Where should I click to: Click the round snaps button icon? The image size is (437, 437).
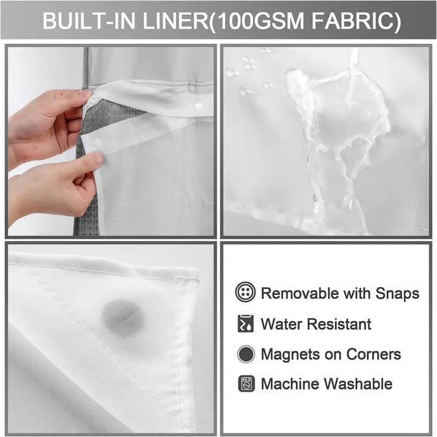(245, 293)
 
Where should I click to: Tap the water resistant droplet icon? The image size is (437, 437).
(245, 324)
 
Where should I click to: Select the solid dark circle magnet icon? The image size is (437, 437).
(245, 354)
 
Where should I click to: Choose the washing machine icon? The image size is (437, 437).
(246, 384)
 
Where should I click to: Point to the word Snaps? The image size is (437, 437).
(397, 293)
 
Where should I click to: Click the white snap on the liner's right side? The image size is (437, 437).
(198, 106)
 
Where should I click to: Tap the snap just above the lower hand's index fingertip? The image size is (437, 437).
(95, 144)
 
